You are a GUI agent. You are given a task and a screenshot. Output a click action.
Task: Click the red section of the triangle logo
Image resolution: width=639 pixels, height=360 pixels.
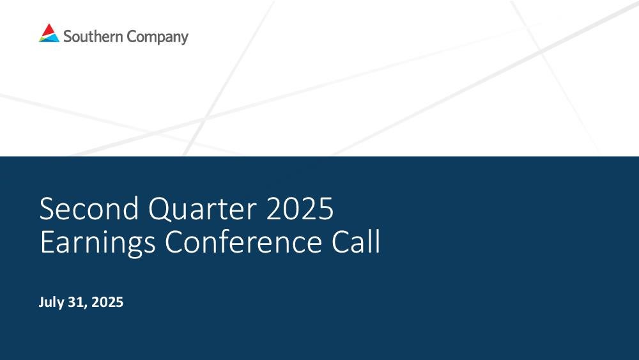coord(49,30)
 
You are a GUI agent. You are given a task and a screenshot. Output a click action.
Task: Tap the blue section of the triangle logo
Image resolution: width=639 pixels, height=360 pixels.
coord(51,38)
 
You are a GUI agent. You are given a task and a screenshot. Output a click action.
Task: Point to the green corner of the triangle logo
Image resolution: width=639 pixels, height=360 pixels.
coord(42,40)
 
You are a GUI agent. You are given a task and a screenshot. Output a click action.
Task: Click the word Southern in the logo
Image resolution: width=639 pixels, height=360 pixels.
coord(93,36)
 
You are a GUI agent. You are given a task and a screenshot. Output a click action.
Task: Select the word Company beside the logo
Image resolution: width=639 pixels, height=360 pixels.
coord(157,37)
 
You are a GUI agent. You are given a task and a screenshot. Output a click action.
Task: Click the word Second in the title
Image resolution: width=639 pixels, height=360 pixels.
coord(89,208)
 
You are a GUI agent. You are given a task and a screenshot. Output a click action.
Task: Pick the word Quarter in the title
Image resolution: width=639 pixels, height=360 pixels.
coord(202,209)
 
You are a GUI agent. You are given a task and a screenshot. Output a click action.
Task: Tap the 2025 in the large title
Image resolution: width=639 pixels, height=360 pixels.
coord(300,208)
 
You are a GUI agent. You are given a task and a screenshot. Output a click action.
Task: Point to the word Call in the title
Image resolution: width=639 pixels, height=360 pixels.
coord(356,241)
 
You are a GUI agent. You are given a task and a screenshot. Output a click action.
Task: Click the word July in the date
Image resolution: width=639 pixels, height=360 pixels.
coord(51,302)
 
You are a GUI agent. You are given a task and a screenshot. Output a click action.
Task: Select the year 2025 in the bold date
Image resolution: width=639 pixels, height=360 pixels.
coord(107,302)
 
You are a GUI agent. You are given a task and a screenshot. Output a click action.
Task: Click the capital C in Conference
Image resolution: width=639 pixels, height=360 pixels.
coord(174,242)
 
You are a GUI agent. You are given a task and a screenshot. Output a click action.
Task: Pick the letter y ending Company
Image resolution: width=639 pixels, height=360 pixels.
coord(185,39)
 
